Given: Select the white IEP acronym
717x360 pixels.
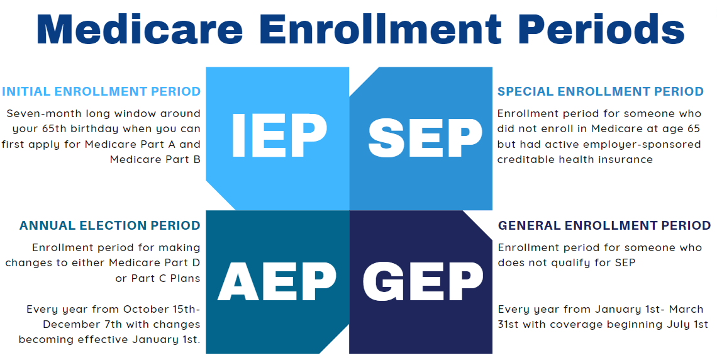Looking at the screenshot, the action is (279, 135).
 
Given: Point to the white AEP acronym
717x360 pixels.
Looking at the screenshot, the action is (277, 281).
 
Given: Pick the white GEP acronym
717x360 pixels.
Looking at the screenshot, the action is (423, 281).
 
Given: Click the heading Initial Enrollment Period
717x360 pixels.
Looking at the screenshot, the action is (101, 91).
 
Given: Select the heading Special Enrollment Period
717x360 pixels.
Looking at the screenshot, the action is (601, 91).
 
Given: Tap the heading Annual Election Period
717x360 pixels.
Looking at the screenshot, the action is (109, 225).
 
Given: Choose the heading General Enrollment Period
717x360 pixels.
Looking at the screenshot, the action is (604, 225).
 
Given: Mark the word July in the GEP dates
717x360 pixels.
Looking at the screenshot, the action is (674, 324).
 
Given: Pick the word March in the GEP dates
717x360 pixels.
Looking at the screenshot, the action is (686, 309).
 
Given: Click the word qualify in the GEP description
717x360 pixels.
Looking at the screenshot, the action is (577, 263).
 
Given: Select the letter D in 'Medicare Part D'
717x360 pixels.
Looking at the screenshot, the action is (196, 263).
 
